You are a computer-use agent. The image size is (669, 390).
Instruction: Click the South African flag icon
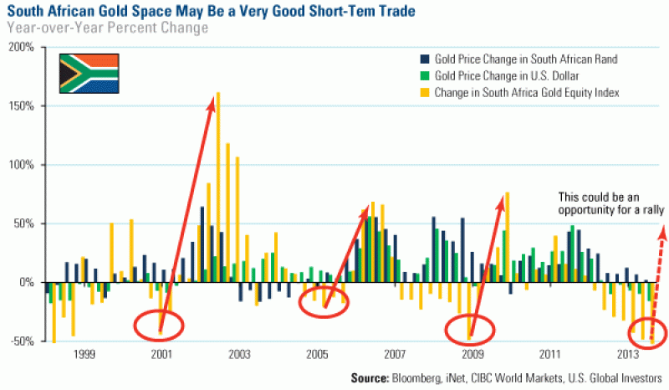[x=89, y=74]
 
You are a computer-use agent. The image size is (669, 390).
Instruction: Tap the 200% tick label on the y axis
[x=20, y=48]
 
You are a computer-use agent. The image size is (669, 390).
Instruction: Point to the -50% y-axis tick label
[x=20, y=341]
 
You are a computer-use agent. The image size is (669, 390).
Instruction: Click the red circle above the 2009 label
[x=471, y=325]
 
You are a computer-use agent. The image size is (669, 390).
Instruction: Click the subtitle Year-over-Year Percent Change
[x=106, y=28]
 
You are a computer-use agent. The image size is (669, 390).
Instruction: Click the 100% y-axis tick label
[x=20, y=165]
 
